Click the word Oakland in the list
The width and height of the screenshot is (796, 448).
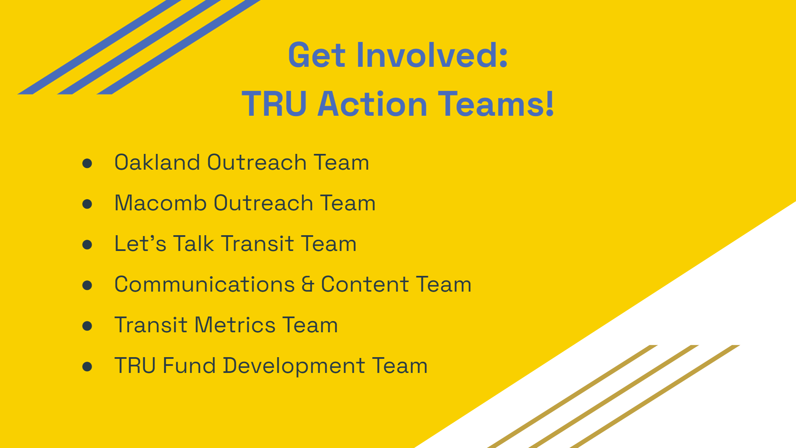[x=157, y=162]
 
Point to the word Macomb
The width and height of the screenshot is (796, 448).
[x=160, y=203]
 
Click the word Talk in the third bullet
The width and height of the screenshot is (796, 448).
[x=194, y=243]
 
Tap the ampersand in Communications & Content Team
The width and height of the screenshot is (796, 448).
[x=308, y=284]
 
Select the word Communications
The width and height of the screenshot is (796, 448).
[x=204, y=284]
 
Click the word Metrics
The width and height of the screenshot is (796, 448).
[x=235, y=325]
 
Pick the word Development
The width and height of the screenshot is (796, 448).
[x=294, y=366]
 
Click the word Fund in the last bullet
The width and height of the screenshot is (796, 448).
[x=189, y=365]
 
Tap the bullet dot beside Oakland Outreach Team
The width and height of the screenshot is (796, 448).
[x=87, y=163]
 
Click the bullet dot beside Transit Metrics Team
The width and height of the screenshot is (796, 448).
[x=87, y=326]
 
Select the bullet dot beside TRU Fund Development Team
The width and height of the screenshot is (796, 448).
[x=87, y=367]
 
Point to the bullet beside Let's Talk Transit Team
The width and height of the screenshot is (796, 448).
[x=87, y=245]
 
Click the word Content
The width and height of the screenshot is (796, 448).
[x=365, y=284]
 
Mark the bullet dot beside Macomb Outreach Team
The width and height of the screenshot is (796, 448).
[x=87, y=204]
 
